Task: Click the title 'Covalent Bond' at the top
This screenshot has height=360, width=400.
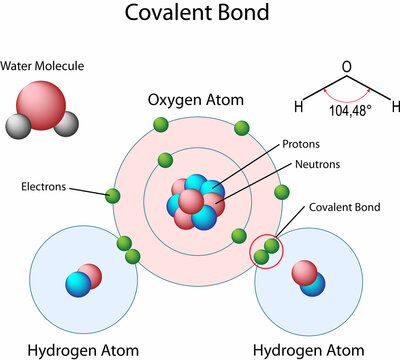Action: [x=199, y=16]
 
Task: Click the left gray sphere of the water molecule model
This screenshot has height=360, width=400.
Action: [x=19, y=127]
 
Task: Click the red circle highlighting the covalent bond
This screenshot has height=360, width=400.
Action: [x=266, y=251]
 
